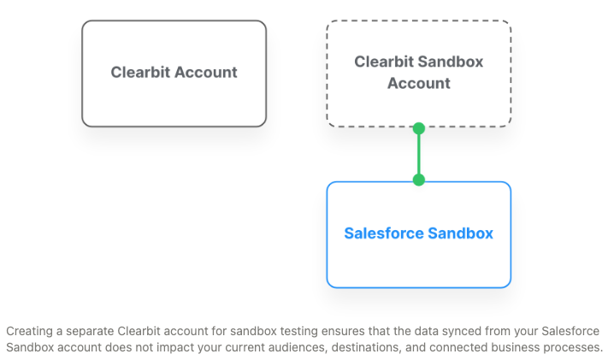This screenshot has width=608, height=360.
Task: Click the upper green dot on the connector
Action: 419,128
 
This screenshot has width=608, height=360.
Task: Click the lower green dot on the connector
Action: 419,180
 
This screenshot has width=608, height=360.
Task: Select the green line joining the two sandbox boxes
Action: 419,154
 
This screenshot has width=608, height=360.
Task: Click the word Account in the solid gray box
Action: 206,72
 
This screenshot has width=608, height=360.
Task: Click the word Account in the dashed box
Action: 419,83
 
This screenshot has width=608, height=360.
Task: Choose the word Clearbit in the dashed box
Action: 384,62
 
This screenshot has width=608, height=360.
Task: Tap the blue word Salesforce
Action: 384,233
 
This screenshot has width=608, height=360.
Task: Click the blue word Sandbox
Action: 461,233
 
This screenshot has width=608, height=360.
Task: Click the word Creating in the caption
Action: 29,331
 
